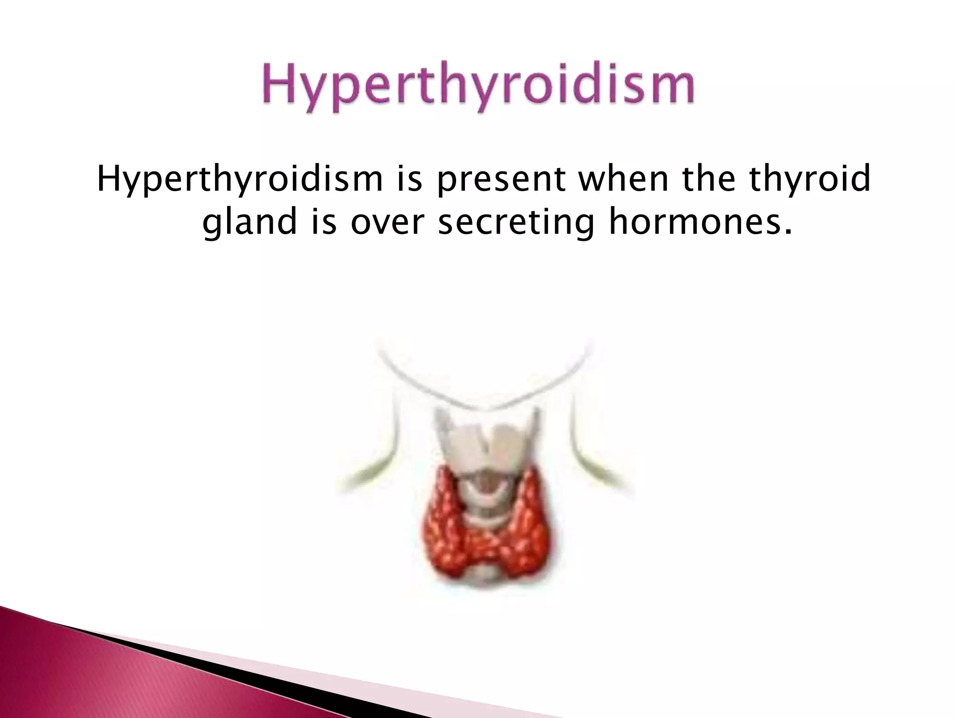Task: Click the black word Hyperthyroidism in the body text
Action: click(239, 180)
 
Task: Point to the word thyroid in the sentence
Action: click(810, 180)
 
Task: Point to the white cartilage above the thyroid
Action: click(486, 444)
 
